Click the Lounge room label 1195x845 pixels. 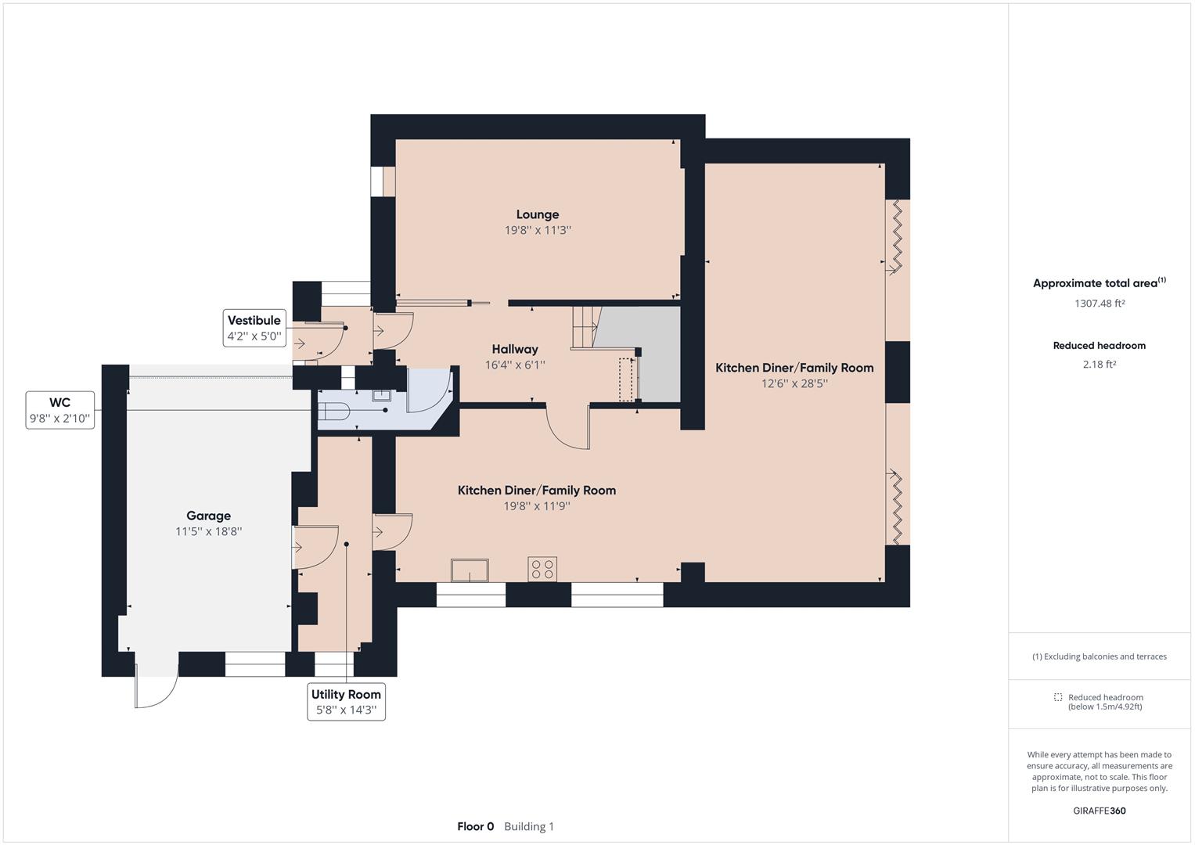point(537,214)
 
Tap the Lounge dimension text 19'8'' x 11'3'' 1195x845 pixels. point(538,230)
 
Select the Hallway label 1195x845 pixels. point(515,350)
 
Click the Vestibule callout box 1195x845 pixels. point(254,328)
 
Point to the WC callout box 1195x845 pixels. point(60,410)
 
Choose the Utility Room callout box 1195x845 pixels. point(346,702)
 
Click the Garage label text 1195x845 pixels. point(209,516)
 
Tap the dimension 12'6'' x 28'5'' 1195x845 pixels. point(794,383)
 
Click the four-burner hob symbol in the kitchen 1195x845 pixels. point(542,569)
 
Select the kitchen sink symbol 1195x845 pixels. point(470,570)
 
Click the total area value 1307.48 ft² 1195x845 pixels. point(1100,303)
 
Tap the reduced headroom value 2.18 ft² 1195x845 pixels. point(1100,365)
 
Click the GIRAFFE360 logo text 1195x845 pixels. point(1100,811)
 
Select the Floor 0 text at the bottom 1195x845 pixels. point(475,826)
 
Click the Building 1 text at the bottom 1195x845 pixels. point(529,826)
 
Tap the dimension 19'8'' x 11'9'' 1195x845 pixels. point(537,505)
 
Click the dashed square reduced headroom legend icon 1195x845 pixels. point(1058,697)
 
